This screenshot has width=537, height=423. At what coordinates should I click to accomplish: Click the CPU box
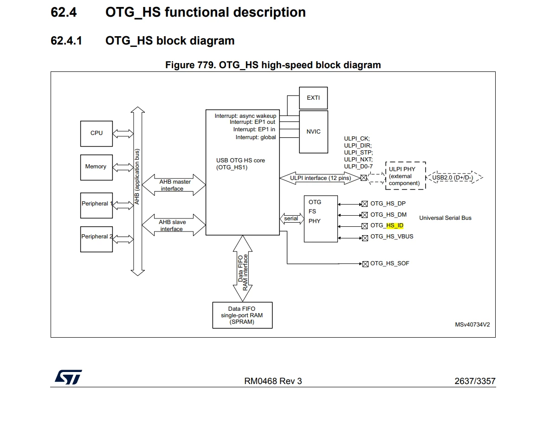click(x=96, y=134)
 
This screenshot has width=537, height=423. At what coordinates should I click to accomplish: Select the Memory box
click(x=96, y=167)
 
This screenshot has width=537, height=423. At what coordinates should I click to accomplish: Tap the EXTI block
click(x=313, y=98)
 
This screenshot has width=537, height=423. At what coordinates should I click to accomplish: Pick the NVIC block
click(x=313, y=131)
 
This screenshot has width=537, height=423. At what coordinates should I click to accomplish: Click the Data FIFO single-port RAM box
click(x=242, y=315)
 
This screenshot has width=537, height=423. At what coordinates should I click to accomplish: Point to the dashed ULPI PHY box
click(x=406, y=176)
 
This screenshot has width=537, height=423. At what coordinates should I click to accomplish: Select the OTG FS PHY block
click(x=321, y=218)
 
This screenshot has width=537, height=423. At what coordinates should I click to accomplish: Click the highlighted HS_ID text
click(x=395, y=225)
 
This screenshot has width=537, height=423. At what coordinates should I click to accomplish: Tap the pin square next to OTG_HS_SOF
click(x=365, y=264)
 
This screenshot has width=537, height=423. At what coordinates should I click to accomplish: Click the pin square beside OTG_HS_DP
click(x=365, y=204)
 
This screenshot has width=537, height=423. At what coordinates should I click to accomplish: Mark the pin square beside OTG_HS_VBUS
click(x=365, y=238)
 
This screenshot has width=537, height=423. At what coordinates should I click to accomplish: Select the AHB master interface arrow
click(x=174, y=185)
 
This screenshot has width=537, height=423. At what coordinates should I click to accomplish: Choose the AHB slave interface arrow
click(x=174, y=225)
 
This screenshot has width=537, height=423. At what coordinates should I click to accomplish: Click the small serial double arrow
click(x=291, y=218)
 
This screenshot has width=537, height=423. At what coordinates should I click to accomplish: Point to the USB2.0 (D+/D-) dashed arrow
click(x=454, y=177)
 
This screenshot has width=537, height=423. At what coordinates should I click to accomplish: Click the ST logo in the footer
click(x=69, y=377)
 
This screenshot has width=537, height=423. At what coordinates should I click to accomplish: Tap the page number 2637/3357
click(x=475, y=381)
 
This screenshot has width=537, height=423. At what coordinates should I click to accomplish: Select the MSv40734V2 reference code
click(x=472, y=324)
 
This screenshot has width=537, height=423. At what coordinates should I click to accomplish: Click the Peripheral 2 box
click(x=96, y=239)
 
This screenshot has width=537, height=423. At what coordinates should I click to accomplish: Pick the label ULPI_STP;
click(x=358, y=153)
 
